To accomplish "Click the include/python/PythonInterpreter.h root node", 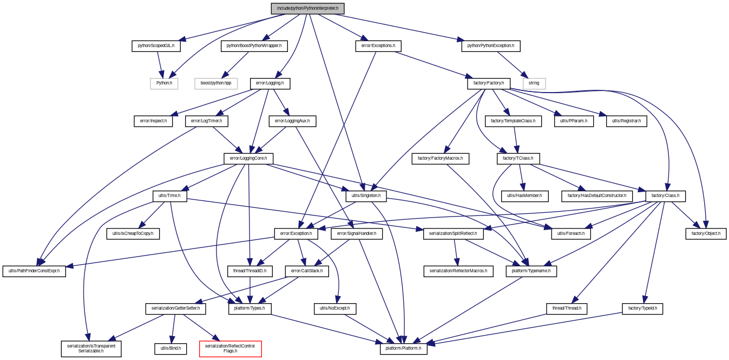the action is pyautogui.click(x=307, y=9).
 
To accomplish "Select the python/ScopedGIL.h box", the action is pyautogui.click(x=156, y=46).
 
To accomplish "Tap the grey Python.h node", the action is pyautogui.click(x=164, y=83).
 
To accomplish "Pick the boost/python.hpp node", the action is pyautogui.click(x=216, y=83).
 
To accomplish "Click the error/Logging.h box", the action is pyautogui.click(x=270, y=83).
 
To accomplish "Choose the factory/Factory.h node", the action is pyautogui.click(x=489, y=83).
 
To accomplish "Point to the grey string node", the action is pyautogui.click(x=534, y=83).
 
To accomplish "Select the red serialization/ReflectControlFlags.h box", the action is pyautogui.click(x=230, y=349).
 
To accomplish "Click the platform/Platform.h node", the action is pyautogui.click(x=403, y=349).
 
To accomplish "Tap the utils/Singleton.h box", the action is pyautogui.click(x=366, y=196).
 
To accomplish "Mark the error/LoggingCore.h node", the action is pyautogui.click(x=248, y=159).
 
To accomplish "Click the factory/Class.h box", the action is pyautogui.click(x=665, y=196).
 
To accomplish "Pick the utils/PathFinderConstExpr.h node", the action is pyautogui.click(x=34, y=271).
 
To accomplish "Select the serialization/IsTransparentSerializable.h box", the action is pyautogui.click(x=91, y=349).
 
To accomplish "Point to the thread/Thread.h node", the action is pyautogui.click(x=567, y=309).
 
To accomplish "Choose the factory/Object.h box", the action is pyautogui.click(x=706, y=234).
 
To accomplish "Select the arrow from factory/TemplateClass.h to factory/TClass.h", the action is pyautogui.click(x=516, y=140).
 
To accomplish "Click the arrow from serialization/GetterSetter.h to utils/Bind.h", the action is pyautogui.click(x=173, y=329).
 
